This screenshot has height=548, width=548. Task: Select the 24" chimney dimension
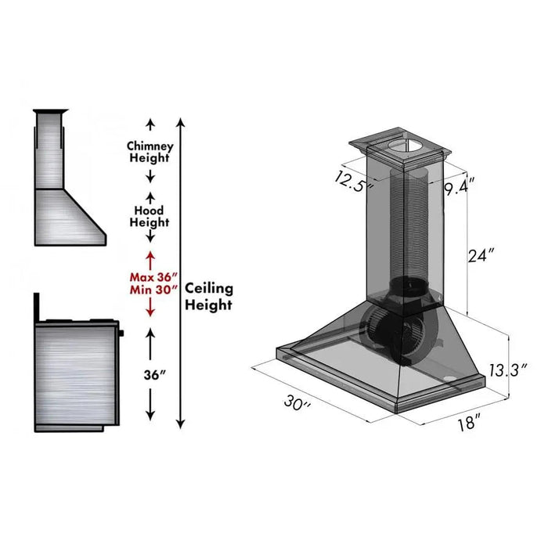coord(481,254)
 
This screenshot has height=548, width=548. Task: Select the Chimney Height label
coord(150,152)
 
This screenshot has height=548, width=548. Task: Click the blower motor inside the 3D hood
coord(391,333)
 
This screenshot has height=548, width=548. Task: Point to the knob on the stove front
coord(122,334)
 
